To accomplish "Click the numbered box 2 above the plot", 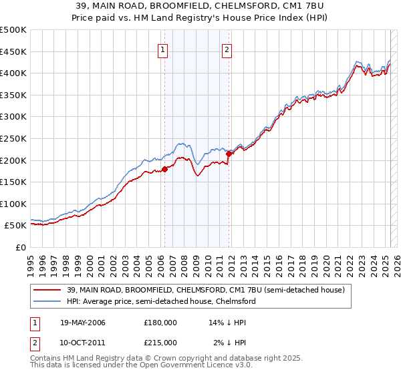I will coord(227,49).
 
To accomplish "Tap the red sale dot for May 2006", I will coord(164,169).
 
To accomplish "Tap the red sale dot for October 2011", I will coord(229,154).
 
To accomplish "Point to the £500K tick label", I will coord(13,30).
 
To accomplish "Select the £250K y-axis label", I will coord(13,138).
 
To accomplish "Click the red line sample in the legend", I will coord(45,290).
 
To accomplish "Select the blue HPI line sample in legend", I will coord(45,301).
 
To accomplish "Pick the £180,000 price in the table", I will coord(160,322).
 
